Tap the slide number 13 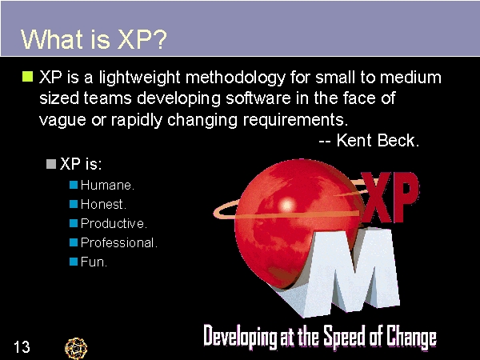coord(22,346)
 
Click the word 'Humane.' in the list coord(107,185)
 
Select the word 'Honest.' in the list coord(103,204)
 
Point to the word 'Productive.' coord(114,223)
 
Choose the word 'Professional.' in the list coord(118,242)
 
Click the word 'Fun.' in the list coord(94,262)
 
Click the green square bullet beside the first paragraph coord(26,78)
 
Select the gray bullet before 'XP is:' coord(52,164)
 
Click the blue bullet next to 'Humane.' coord(74,185)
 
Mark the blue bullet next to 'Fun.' coord(74,262)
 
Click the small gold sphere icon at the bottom coord(76,347)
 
